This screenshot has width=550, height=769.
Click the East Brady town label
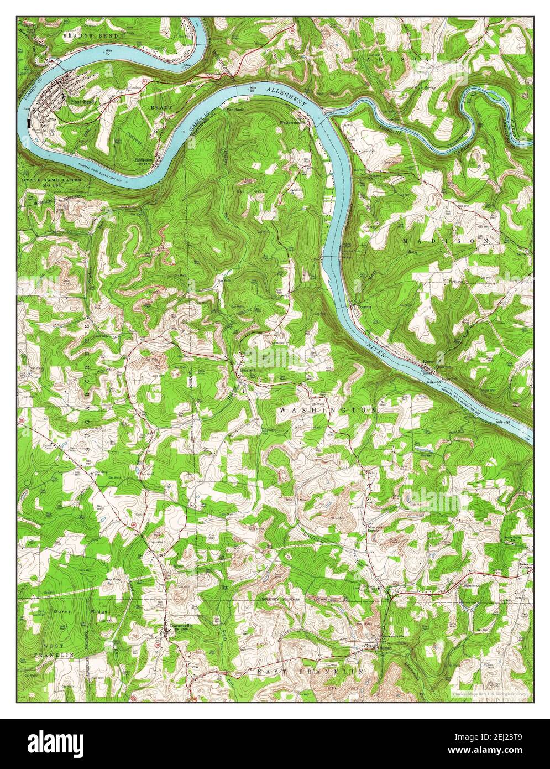[81, 102]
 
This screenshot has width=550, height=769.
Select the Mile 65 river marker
[253, 90]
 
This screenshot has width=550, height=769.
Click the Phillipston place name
[142, 159]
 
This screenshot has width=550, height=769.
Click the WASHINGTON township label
[329, 410]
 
